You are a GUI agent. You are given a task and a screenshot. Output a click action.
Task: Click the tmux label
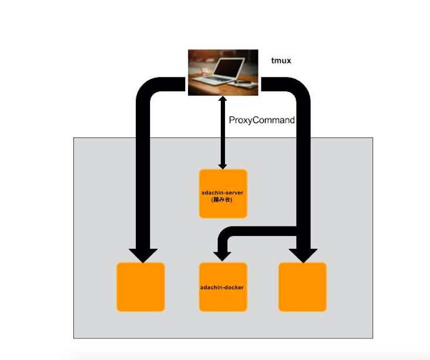point(281,60)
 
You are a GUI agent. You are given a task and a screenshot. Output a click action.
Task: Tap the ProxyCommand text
point(261,120)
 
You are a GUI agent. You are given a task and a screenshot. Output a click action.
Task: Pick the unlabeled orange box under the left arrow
point(141,287)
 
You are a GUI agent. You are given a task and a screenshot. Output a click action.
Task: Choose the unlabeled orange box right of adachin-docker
point(302,287)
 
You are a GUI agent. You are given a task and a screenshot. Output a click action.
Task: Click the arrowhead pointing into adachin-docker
point(221,255)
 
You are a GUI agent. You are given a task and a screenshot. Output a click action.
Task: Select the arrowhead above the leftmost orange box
point(142,255)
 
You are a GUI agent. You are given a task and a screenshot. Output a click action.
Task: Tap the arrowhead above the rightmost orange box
point(303,255)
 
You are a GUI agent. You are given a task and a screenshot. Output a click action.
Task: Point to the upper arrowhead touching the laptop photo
point(223,100)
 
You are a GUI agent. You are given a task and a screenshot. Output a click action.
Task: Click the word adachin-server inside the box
point(223,192)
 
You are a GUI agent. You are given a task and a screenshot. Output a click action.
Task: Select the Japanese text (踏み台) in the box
point(223,199)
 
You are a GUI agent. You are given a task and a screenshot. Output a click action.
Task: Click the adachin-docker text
point(223,287)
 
